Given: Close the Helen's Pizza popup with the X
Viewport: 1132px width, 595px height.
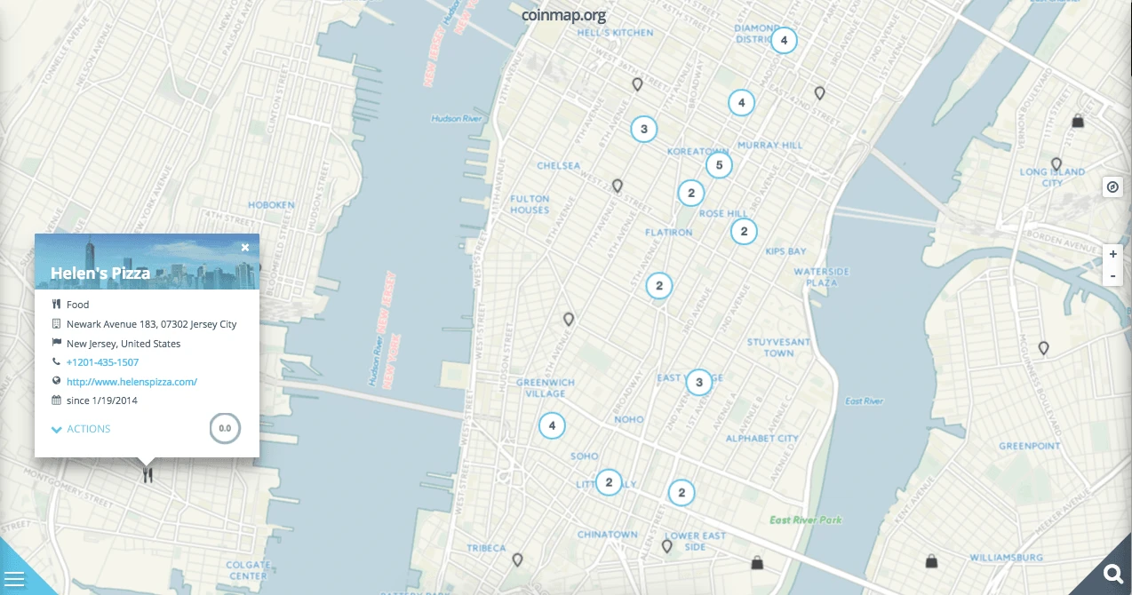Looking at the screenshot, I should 245,248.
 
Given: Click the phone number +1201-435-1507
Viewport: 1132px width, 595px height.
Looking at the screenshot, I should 102,362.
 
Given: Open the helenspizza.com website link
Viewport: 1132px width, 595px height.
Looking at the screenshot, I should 132,382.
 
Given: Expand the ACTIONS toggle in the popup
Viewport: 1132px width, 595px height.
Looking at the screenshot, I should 81,429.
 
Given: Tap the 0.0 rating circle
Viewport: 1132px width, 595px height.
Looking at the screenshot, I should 225,428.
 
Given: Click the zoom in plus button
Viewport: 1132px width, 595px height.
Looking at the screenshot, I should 1112,255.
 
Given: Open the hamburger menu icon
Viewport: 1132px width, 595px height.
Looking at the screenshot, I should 15,580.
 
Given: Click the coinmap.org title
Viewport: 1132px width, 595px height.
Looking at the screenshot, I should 564,14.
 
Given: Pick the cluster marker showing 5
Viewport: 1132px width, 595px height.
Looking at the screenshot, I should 719,164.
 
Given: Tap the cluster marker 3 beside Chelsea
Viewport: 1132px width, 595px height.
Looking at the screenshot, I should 644,129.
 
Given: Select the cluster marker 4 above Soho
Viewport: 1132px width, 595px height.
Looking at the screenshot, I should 552,425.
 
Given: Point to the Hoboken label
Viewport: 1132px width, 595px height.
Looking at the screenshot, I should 271,205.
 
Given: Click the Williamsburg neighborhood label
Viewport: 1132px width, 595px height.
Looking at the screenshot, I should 1006,558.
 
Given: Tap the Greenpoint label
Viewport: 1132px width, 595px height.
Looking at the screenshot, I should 1029,446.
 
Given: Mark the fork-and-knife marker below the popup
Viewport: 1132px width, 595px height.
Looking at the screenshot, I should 147,475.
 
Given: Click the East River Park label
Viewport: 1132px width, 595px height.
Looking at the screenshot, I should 805,520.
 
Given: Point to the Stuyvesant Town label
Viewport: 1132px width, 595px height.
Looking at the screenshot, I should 778,347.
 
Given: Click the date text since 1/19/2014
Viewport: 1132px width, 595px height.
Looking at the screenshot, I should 102,401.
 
